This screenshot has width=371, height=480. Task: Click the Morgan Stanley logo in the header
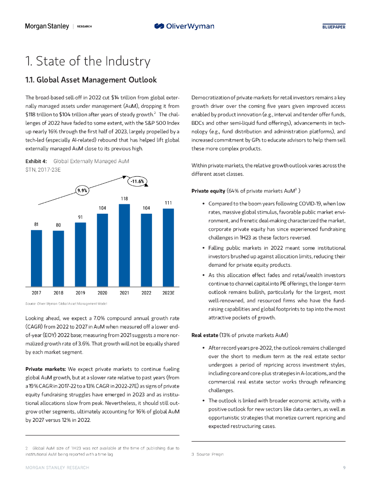[47, 26]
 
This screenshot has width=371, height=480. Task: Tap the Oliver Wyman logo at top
[184, 26]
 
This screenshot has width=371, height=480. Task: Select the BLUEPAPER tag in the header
[333, 27]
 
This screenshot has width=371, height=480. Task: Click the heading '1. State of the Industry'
[88, 61]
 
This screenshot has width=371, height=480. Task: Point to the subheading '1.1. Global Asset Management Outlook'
[91, 80]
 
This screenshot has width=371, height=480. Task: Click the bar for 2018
[58, 258]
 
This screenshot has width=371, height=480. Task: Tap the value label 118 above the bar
[124, 199]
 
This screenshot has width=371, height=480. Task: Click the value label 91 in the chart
[80, 217]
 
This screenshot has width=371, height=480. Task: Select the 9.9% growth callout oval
[83, 190]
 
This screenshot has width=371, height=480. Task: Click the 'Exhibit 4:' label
[36, 161]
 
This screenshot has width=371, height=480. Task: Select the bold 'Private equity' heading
[208, 191]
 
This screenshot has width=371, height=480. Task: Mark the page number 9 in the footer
[344, 468]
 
